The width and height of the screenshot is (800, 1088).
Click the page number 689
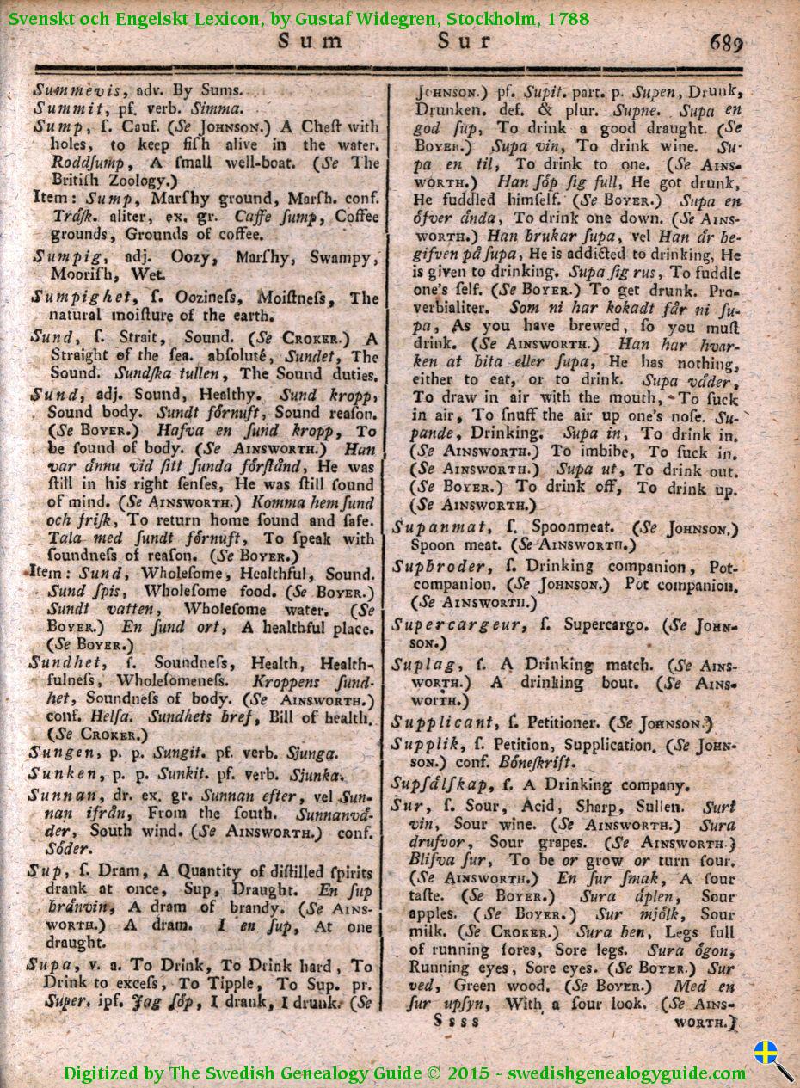[725, 43]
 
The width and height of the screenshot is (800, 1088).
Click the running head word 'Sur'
[465, 41]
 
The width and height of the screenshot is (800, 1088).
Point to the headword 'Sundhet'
[66, 663]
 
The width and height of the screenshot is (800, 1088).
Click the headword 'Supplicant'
[443, 722]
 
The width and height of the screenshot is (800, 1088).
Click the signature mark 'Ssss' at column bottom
[457, 1021]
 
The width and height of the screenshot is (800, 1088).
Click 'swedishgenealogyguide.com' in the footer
[626, 1073]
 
